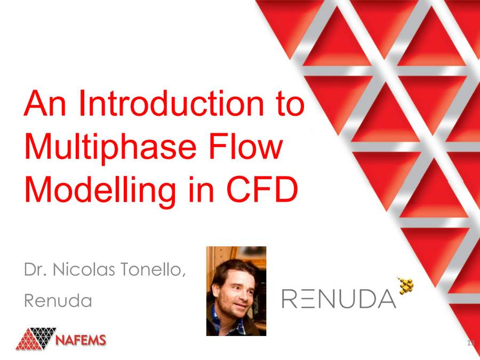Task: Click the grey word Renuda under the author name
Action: [x=58, y=301]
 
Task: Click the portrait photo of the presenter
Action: [x=236, y=291]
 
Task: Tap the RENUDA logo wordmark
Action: [x=339, y=299]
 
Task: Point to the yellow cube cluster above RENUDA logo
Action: [x=406, y=285]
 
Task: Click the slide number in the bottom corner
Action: [x=470, y=342]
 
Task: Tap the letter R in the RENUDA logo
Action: [x=291, y=299]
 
